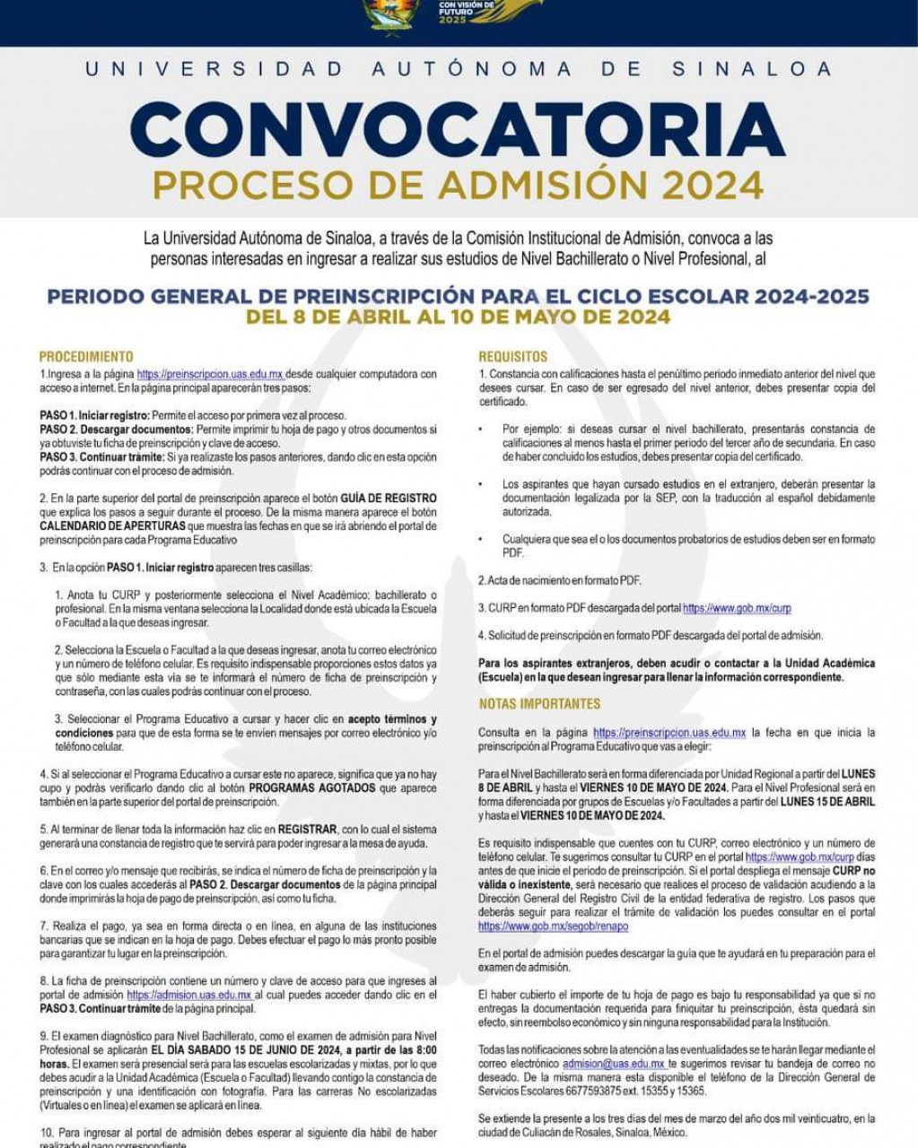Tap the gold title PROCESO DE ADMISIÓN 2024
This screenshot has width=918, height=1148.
[x=458, y=185]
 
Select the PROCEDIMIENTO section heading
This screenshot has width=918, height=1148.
[x=86, y=356]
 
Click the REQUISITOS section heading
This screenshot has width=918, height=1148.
[x=512, y=356]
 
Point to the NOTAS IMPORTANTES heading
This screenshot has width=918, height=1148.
[x=539, y=703]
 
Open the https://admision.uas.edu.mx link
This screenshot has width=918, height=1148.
[x=188, y=995]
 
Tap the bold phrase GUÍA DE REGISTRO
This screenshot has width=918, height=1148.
[x=389, y=498]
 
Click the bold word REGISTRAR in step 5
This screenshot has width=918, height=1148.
[x=307, y=830]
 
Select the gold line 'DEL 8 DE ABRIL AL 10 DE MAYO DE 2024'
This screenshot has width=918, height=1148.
[x=458, y=317]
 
